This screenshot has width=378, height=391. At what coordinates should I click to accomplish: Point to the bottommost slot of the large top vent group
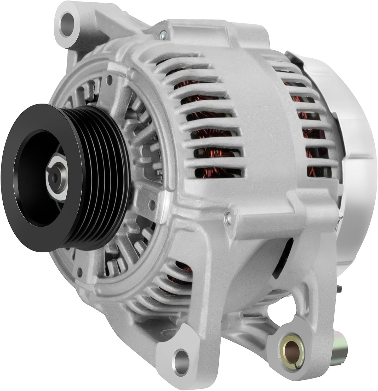pyautogui.click(x=219, y=172)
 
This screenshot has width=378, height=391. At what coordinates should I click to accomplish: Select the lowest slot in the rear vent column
pyautogui.click(x=313, y=172)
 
